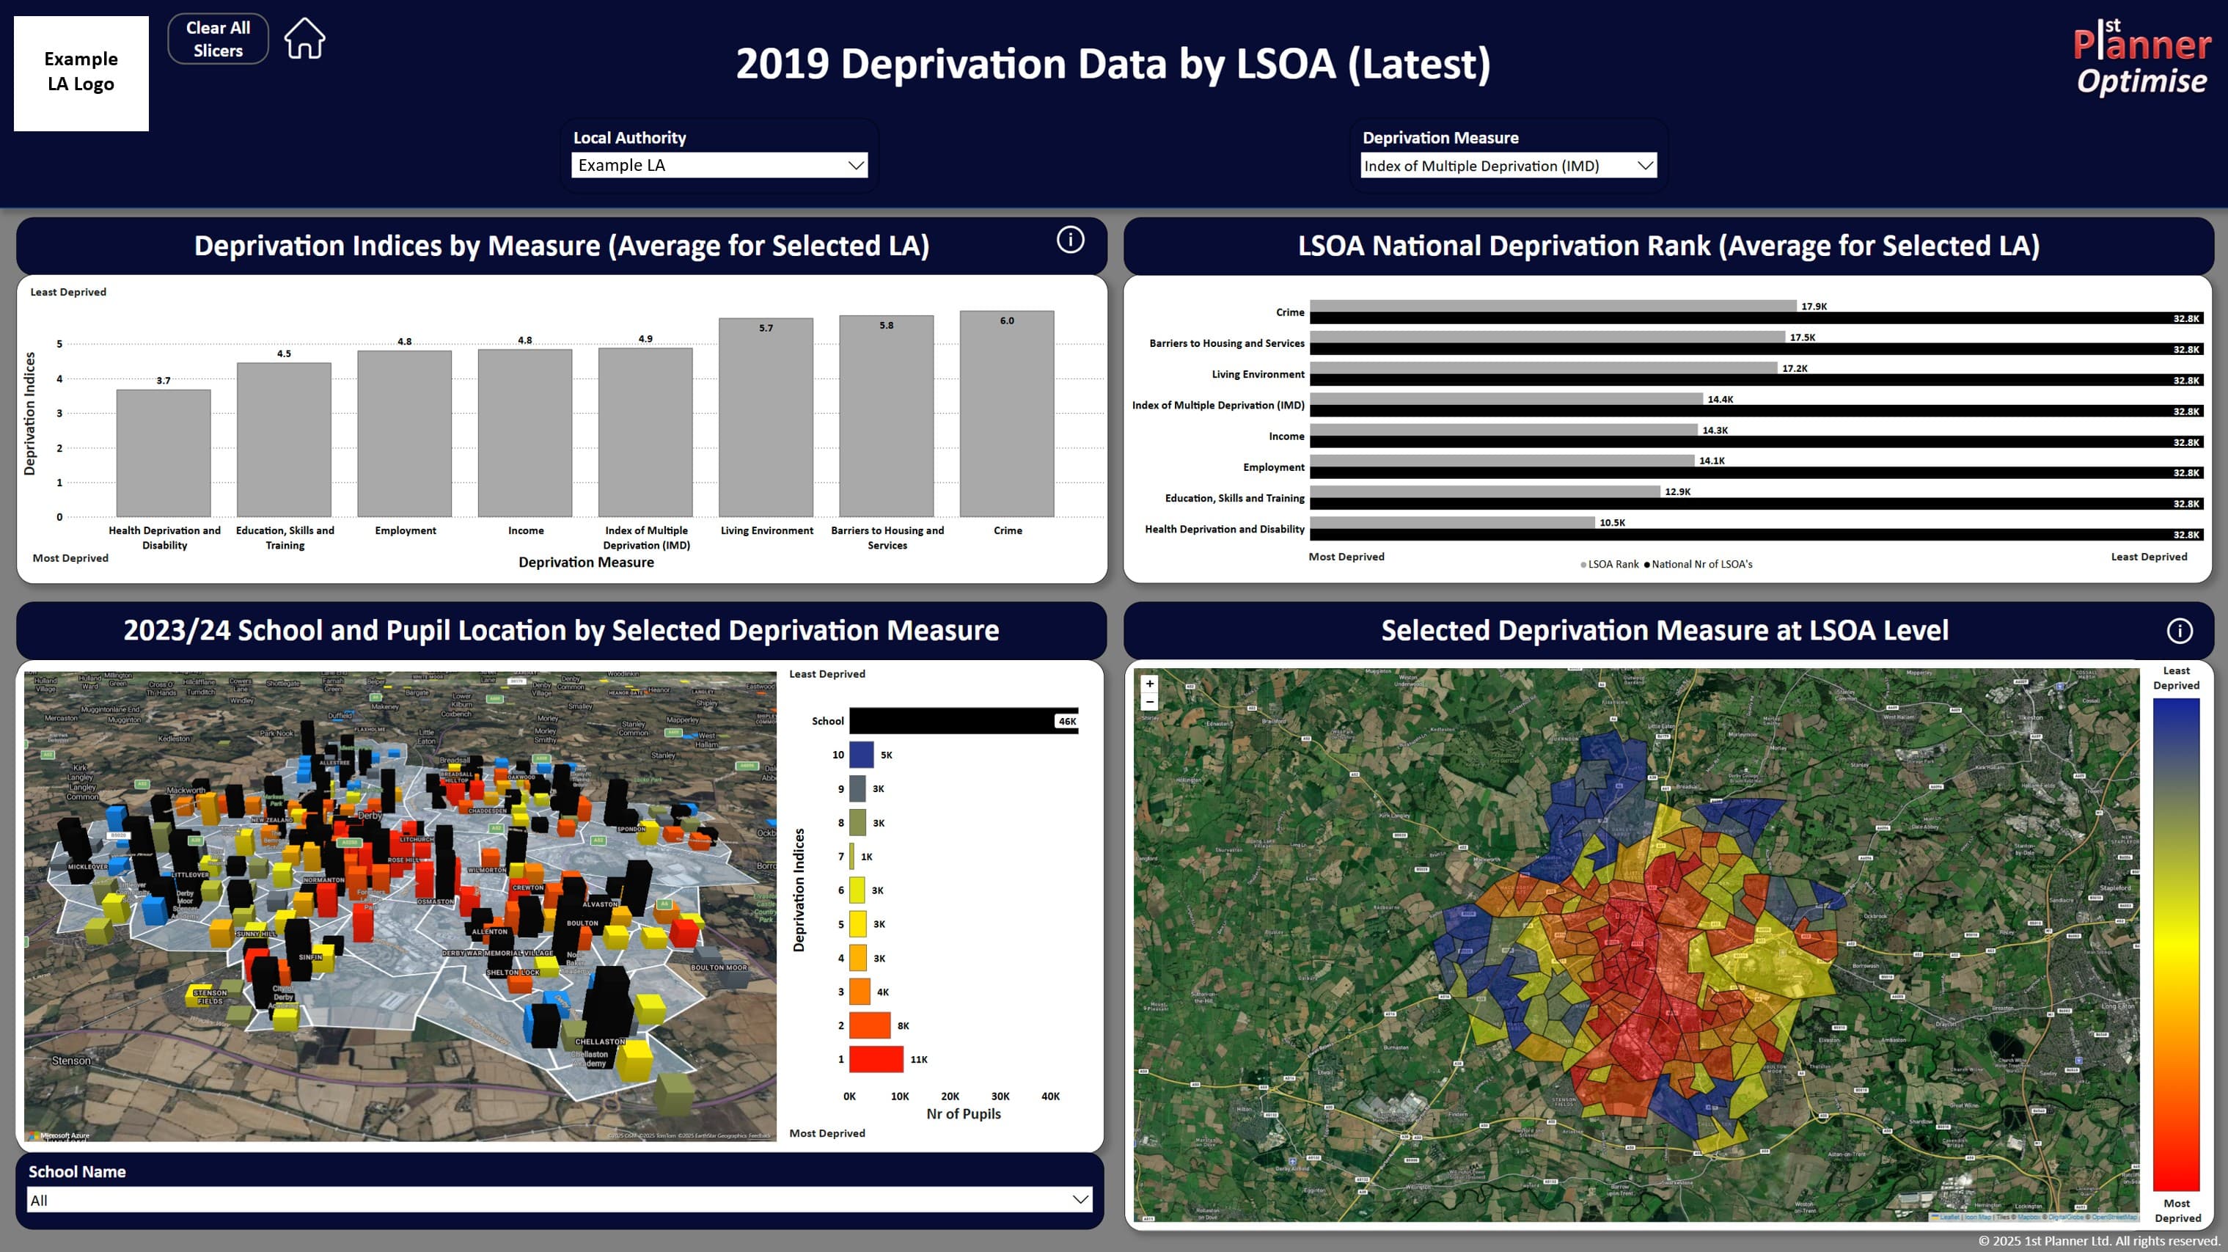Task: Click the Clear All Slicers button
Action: (x=218, y=39)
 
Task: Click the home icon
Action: (x=304, y=39)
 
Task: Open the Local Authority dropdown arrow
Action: (x=855, y=165)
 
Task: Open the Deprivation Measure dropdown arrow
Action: (x=1644, y=165)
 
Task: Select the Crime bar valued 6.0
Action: (x=1007, y=415)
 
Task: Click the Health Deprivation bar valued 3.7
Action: (x=164, y=453)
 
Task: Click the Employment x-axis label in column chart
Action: (x=406, y=530)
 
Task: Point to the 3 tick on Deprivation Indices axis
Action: (x=59, y=414)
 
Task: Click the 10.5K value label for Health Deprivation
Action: (x=1612, y=523)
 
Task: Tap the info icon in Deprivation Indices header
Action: (x=1070, y=240)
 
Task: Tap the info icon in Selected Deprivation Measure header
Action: (x=2179, y=631)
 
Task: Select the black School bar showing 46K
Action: (x=963, y=721)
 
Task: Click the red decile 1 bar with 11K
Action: (x=876, y=1059)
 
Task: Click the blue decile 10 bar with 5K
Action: (x=862, y=755)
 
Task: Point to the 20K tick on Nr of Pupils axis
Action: (x=950, y=1097)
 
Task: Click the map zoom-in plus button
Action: (x=1149, y=684)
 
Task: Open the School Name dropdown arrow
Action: (x=1080, y=1199)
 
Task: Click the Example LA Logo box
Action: (x=81, y=73)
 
